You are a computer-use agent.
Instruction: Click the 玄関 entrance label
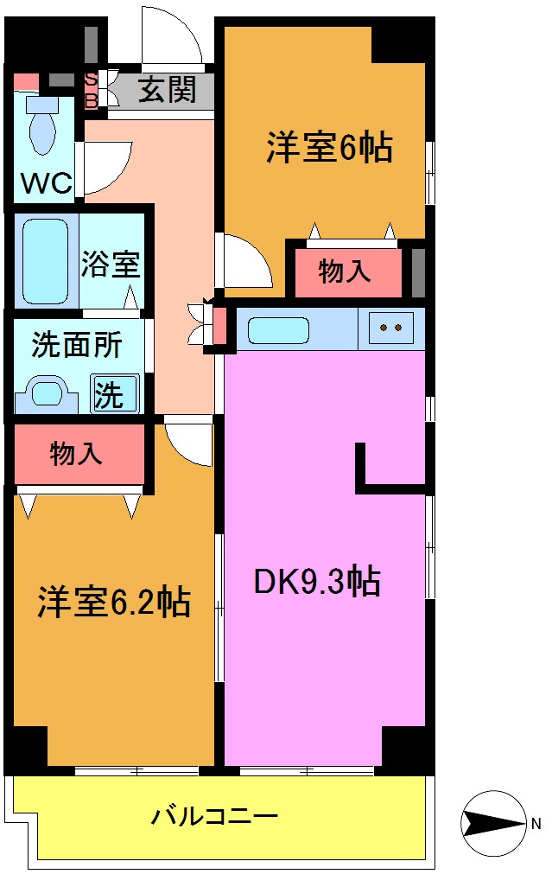(x=166, y=89)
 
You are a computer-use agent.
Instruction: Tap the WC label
(x=46, y=183)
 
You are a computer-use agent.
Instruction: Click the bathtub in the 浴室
(x=45, y=261)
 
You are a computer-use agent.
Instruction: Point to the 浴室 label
(x=111, y=264)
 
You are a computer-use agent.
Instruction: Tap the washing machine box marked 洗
(x=114, y=394)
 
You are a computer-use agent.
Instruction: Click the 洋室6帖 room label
(x=328, y=149)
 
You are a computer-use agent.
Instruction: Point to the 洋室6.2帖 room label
(x=113, y=602)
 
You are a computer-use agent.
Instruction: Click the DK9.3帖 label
(x=316, y=582)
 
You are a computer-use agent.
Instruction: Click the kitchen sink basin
(x=278, y=329)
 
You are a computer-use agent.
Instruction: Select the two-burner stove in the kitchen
(x=391, y=328)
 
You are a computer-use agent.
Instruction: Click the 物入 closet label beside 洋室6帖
(x=345, y=271)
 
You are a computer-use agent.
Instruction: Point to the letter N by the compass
(x=536, y=823)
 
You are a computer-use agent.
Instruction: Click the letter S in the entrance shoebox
(x=90, y=80)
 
